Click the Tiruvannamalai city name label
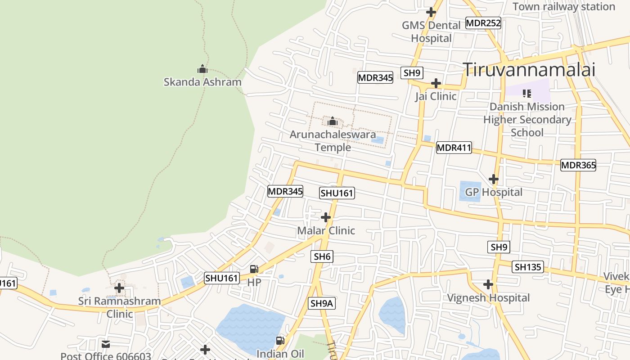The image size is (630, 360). point(529,70)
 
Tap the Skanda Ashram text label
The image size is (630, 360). point(202,82)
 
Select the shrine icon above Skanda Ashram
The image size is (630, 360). point(202,69)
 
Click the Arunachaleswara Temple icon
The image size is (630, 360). point(333,121)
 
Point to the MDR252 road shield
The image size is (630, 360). point(483,23)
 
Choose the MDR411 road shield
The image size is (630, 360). point(454,148)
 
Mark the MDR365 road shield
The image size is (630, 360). point(578,165)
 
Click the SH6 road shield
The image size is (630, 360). point(322,256)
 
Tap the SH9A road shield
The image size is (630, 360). point(322,303)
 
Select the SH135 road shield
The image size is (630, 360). point(528,267)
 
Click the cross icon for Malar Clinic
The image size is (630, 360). point(326,218)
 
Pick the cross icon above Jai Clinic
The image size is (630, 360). point(436,83)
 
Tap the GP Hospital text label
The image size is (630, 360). point(494,192)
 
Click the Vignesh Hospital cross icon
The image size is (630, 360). point(488,284)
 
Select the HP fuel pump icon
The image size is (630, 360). point(254,269)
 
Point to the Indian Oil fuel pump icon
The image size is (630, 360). point(280,341)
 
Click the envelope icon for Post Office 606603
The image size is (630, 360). point(106,344)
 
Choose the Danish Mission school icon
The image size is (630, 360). point(527,94)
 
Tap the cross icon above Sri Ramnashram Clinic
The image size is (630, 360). point(119,288)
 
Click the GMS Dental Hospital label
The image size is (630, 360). point(431,31)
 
